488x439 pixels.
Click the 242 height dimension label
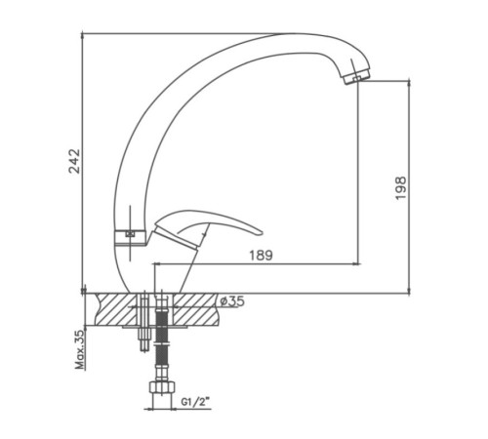(x=74, y=161)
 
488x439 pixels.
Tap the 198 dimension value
(x=400, y=188)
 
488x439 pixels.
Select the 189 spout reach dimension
(x=261, y=256)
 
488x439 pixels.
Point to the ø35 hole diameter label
(x=232, y=301)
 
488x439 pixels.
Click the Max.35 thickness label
(x=80, y=349)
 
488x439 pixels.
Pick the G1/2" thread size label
(x=195, y=402)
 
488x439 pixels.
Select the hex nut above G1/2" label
(x=162, y=386)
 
